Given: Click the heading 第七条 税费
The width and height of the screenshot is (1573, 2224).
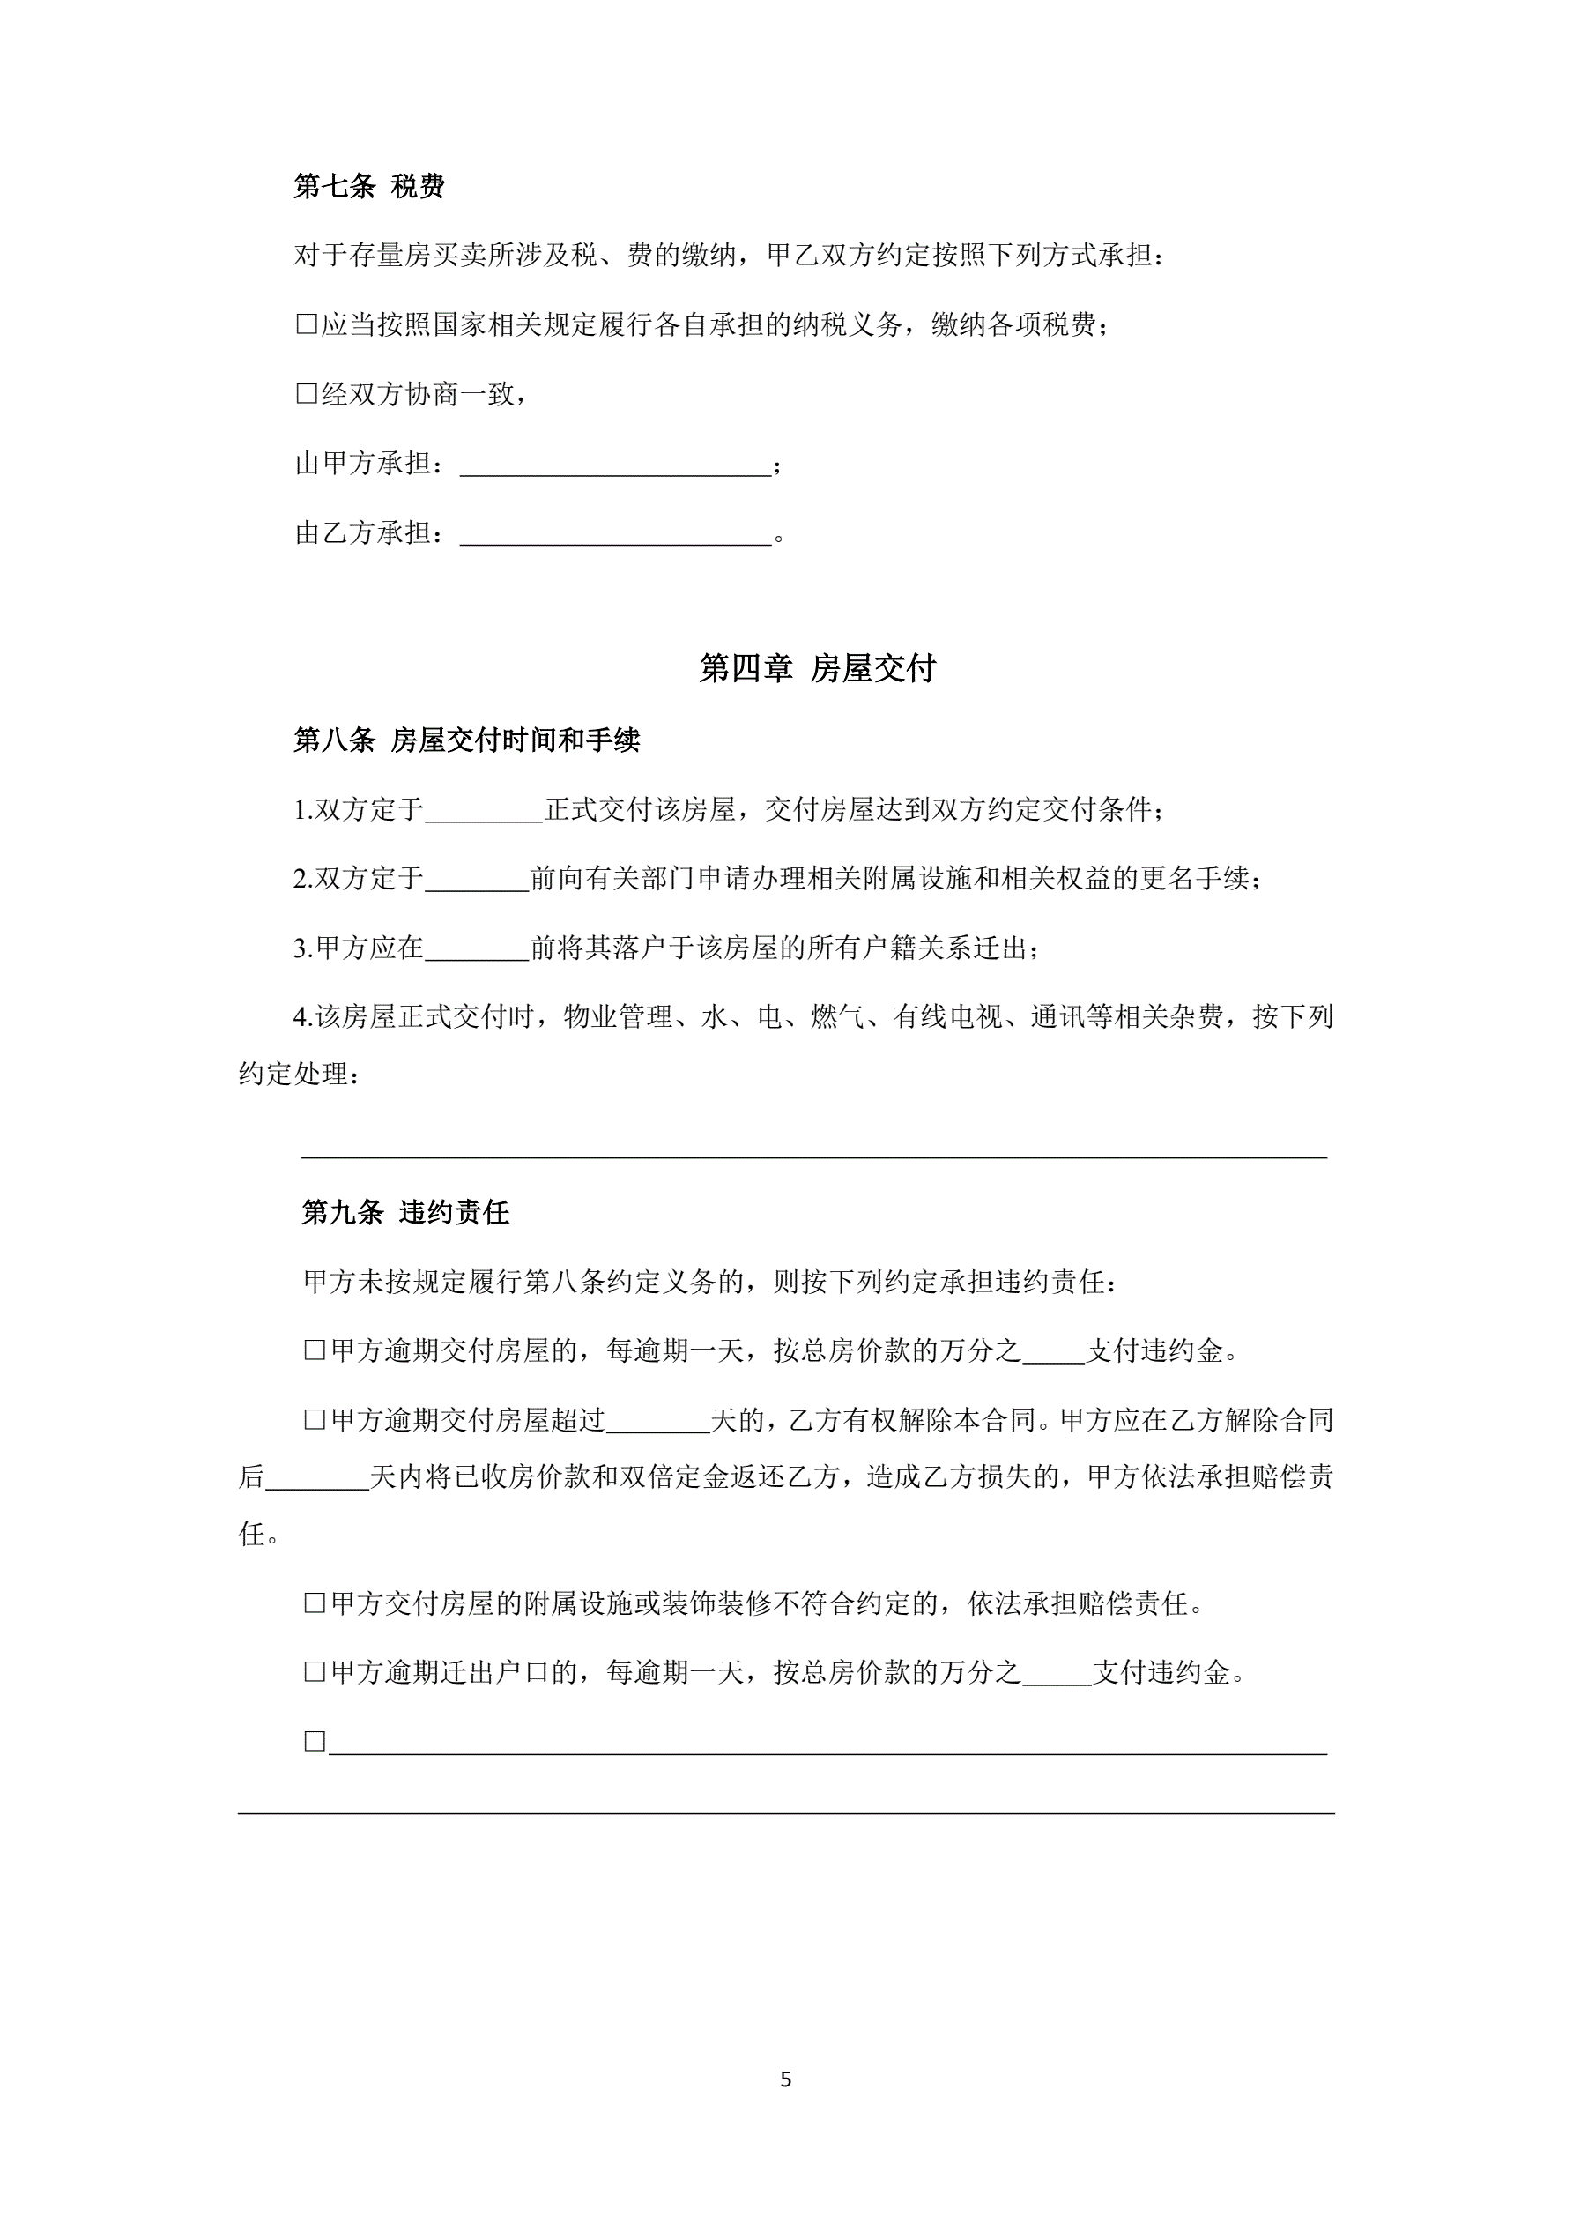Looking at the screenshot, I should pyautogui.click(x=369, y=186).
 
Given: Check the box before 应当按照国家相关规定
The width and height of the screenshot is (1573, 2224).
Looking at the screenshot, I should pyautogui.click(x=306, y=324).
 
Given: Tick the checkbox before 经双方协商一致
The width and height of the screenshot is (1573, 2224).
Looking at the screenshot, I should pyautogui.click(x=306, y=394).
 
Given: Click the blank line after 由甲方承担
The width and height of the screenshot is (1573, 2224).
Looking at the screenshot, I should pyautogui.click(x=615, y=465).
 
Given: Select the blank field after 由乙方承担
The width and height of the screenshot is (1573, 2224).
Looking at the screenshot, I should pyautogui.click(x=615, y=535).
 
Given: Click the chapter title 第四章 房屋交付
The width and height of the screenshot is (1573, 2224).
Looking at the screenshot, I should pyautogui.click(x=818, y=668).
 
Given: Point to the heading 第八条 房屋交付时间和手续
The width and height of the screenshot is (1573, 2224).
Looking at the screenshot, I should pyautogui.click(x=467, y=741).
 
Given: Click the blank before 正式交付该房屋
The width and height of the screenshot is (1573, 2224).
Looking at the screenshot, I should pyautogui.click(x=485, y=811).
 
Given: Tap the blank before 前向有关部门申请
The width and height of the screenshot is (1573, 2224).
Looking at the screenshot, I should pyautogui.click(x=477, y=880).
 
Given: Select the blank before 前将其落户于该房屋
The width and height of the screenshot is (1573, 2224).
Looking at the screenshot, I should pyautogui.click(x=477, y=948).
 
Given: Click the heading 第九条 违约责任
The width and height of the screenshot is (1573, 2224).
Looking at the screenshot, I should pyautogui.click(x=406, y=1213).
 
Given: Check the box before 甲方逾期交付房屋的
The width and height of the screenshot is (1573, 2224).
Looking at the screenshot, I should pyautogui.click(x=315, y=1351).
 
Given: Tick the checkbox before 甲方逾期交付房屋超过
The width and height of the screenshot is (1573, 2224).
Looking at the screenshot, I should pyautogui.click(x=315, y=1420).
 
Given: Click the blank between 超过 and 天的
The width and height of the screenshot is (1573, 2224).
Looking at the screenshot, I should pyautogui.click(x=657, y=1422).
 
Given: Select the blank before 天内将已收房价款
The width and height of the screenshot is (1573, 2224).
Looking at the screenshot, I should pyautogui.click(x=316, y=1478).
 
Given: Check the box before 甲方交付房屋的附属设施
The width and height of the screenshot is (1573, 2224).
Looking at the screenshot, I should pyautogui.click(x=315, y=1603).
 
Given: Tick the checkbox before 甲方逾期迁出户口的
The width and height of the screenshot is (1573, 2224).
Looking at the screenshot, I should pyautogui.click(x=315, y=1672).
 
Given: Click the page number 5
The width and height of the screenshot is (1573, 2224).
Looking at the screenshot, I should pyautogui.click(x=785, y=2079).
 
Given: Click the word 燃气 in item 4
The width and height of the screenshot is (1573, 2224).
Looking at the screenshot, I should pyautogui.click(x=838, y=1017).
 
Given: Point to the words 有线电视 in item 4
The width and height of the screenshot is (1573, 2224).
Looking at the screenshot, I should pyautogui.click(x=947, y=1017).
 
